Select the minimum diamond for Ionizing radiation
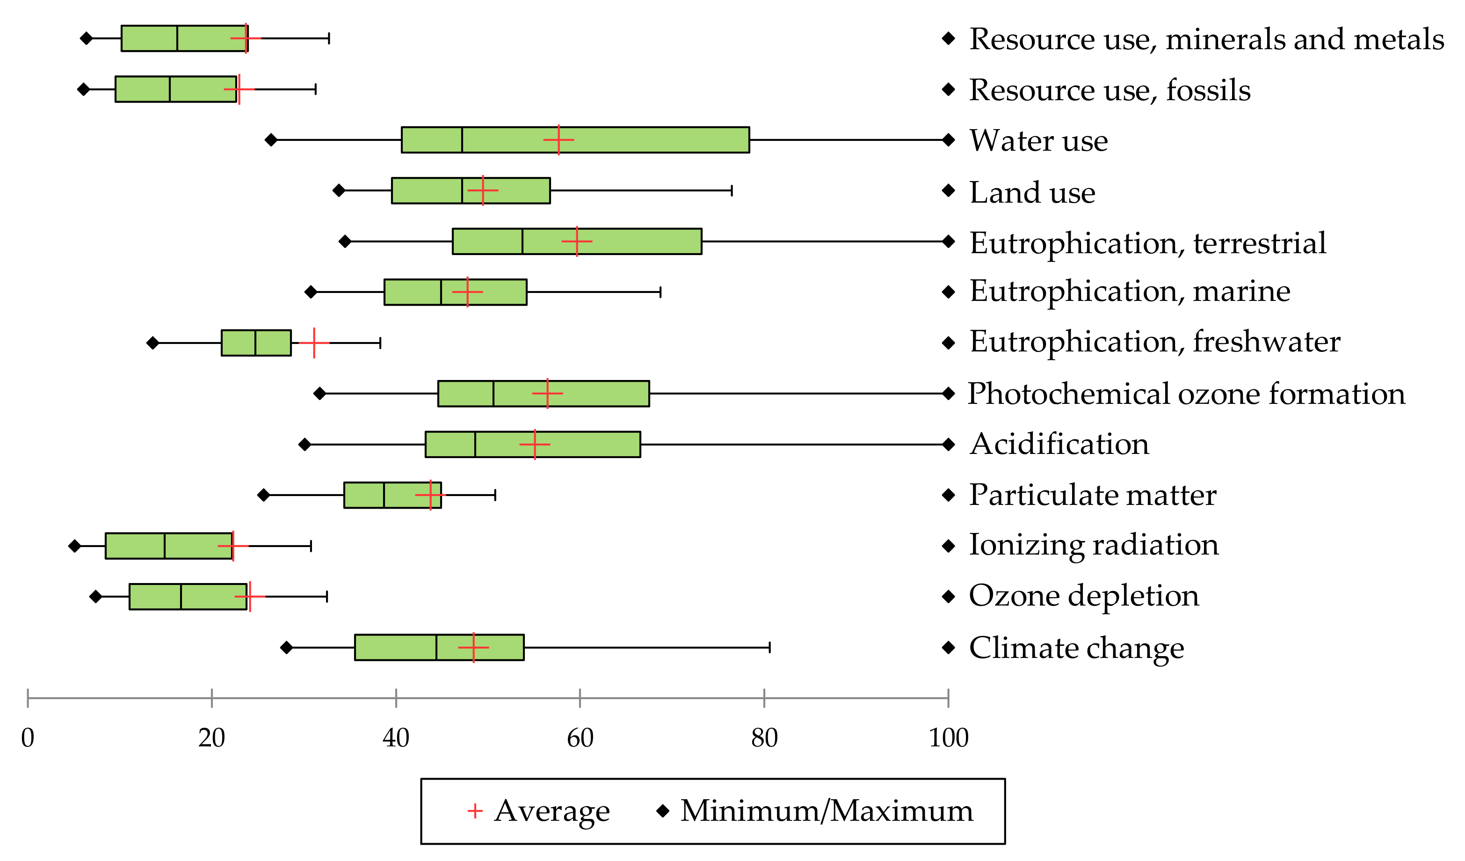tap(74, 546)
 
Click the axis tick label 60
tap(580, 737)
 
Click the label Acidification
tap(1059, 445)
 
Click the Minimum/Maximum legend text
tap(826, 810)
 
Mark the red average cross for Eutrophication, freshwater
tap(314, 343)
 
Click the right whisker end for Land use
tap(732, 190)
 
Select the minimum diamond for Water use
tap(271, 139)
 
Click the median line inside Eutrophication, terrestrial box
tap(522, 241)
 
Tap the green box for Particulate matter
tap(407, 495)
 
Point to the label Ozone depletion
tap(1084, 596)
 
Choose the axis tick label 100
tap(948, 737)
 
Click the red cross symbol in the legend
tap(475, 810)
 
